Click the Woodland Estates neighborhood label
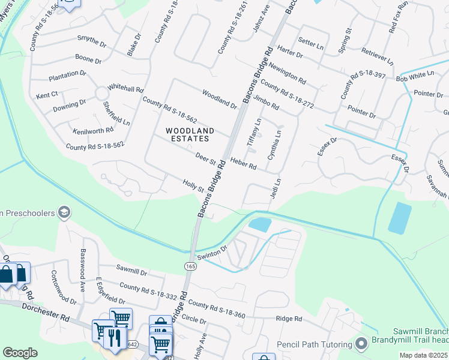click(x=188, y=134)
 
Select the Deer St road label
click(x=205, y=159)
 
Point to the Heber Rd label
click(x=243, y=164)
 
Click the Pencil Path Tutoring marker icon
click(x=361, y=344)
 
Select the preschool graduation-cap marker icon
click(x=64, y=212)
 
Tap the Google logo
click(x=20, y=352)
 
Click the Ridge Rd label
click(x=289, y=319)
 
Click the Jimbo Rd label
click(x=267, y=102)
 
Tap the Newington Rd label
click(x=288, y=72)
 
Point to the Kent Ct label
click(x=46, y=95)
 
